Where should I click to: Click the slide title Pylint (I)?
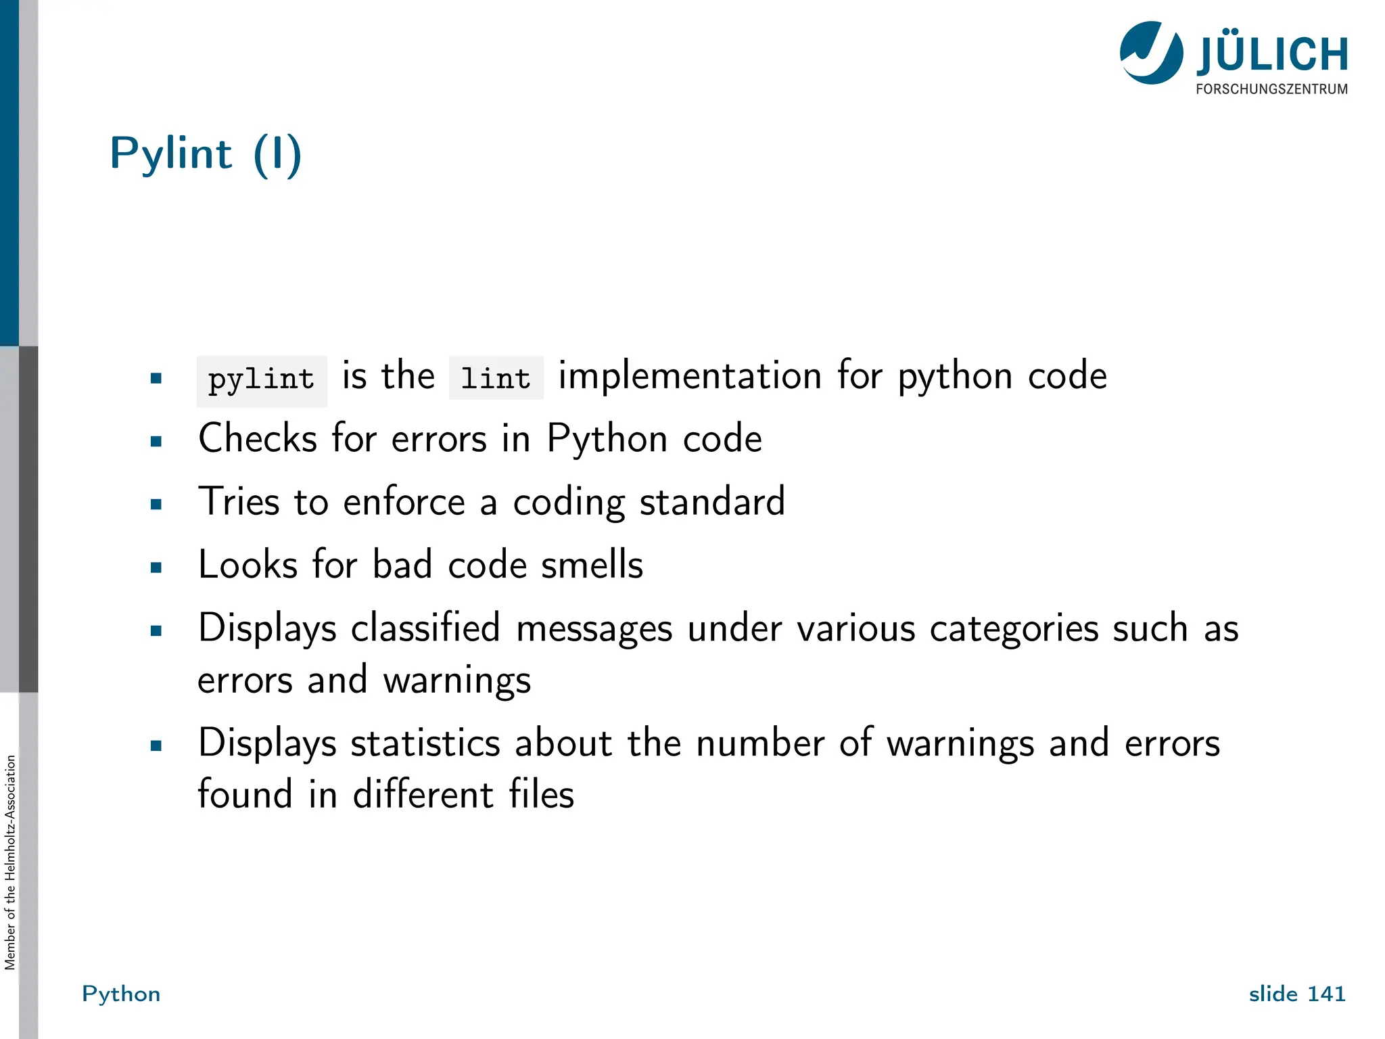(206, 154)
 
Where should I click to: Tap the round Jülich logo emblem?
(1151, 53)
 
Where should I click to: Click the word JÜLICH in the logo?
(1272, 55)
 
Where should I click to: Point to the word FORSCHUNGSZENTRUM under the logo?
(1271, 89)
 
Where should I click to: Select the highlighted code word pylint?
(261, 380)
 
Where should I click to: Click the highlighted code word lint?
(496, 379)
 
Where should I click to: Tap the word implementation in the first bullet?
(690, 376)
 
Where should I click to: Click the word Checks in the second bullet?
(258, 438)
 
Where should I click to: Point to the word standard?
(712, 501)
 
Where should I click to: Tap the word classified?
(425, 628)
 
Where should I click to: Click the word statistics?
(425, 743)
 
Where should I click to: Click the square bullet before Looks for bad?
(156, 568)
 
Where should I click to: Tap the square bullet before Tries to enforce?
(156, 505)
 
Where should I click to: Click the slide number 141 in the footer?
(1326, 994)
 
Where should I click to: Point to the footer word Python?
(121, 994)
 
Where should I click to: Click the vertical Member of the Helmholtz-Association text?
(10, 862)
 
